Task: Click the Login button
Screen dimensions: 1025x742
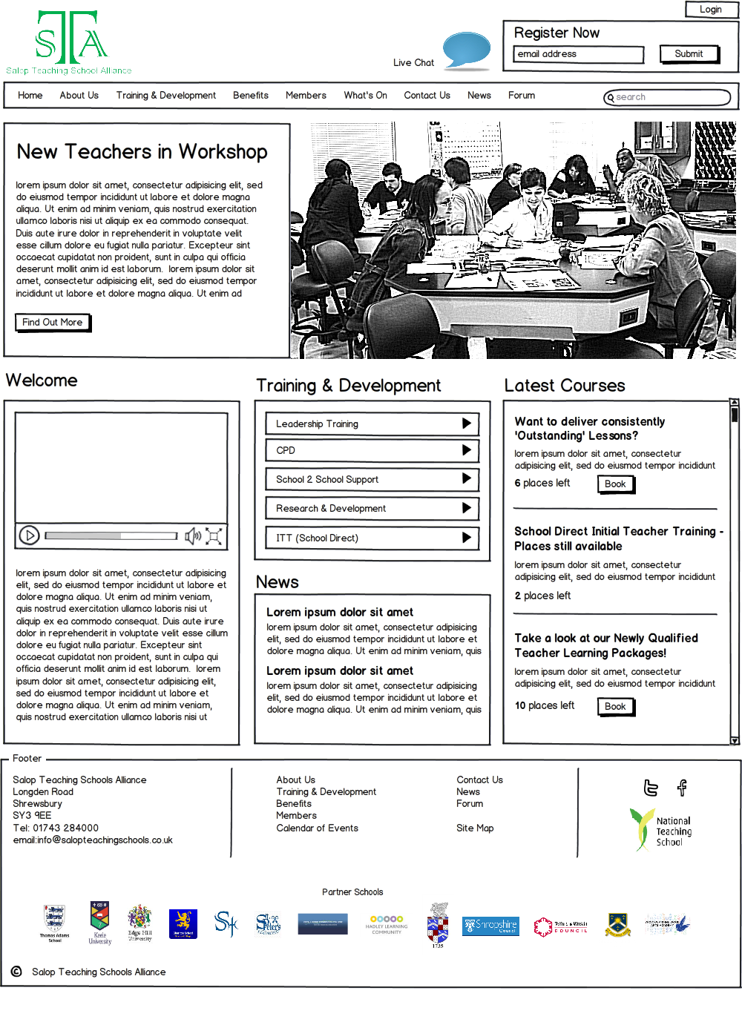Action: (710, 10)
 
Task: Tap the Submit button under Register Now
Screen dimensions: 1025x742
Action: (689, 54)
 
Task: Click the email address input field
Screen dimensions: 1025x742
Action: (578, 54)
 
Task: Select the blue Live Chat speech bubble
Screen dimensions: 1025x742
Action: (466, 50)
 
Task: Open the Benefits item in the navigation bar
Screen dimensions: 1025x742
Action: (251, 96)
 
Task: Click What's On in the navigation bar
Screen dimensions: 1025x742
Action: (365, 96)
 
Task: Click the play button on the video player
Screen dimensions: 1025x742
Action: (29, 535)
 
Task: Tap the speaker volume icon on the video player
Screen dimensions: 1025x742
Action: (192, 535)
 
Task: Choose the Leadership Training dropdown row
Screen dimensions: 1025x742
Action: (372, 423)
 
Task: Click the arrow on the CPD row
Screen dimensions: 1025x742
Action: (466, 450)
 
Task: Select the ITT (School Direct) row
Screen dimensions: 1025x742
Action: (372, 538)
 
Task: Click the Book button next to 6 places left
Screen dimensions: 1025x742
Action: (615, 484)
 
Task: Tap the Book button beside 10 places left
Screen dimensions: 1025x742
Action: (615, 707)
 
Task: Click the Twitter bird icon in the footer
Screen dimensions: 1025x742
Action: (651, 788)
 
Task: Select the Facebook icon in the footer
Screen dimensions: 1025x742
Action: (682, 788)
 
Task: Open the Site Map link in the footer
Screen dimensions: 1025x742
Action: (475, 828)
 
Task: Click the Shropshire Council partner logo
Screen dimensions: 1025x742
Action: (490, 926)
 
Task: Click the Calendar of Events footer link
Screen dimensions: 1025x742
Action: (317, 828)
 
